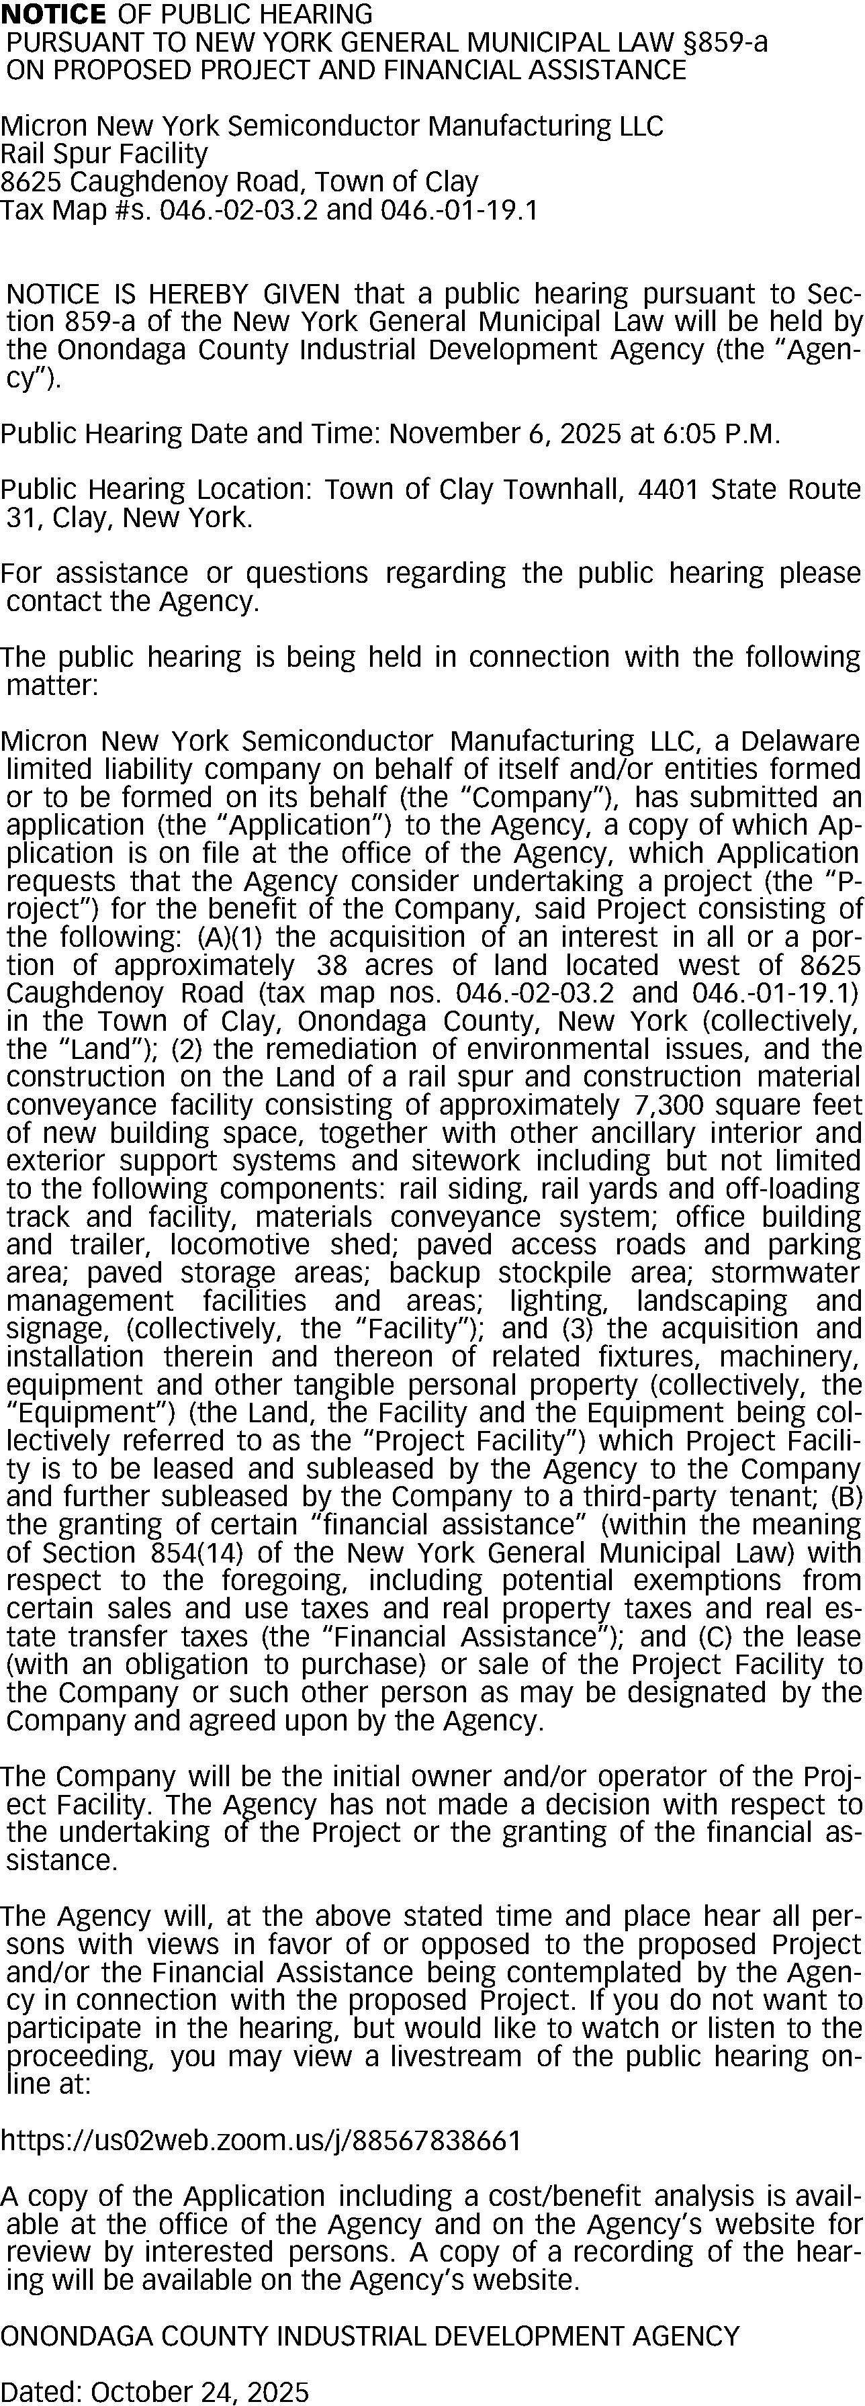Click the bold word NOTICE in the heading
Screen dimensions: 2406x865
(x=53, y=14)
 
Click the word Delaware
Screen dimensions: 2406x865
(x=800, y=741)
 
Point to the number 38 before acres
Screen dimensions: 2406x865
(x=334, y=965)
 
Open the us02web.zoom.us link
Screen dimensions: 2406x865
(x=261, y=2140)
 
